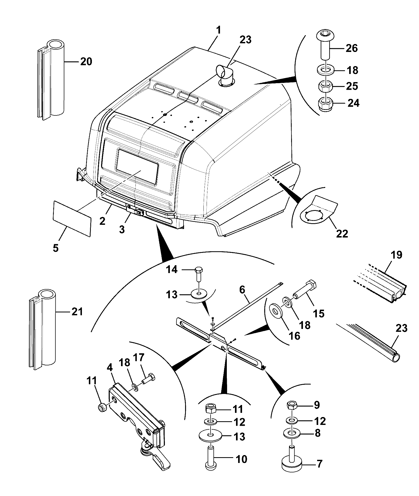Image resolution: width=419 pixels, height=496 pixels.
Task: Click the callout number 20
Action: (x=86, y=62)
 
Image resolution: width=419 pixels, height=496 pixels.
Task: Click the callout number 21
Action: (x=77, y=312)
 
